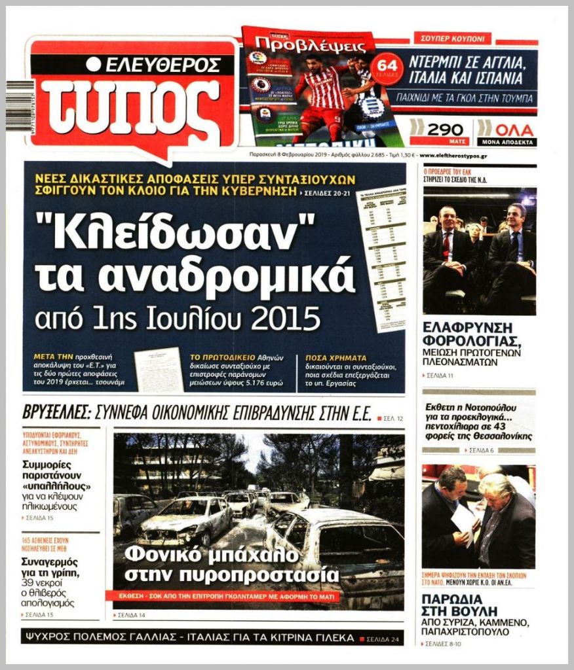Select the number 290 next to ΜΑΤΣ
pos(445,130)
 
